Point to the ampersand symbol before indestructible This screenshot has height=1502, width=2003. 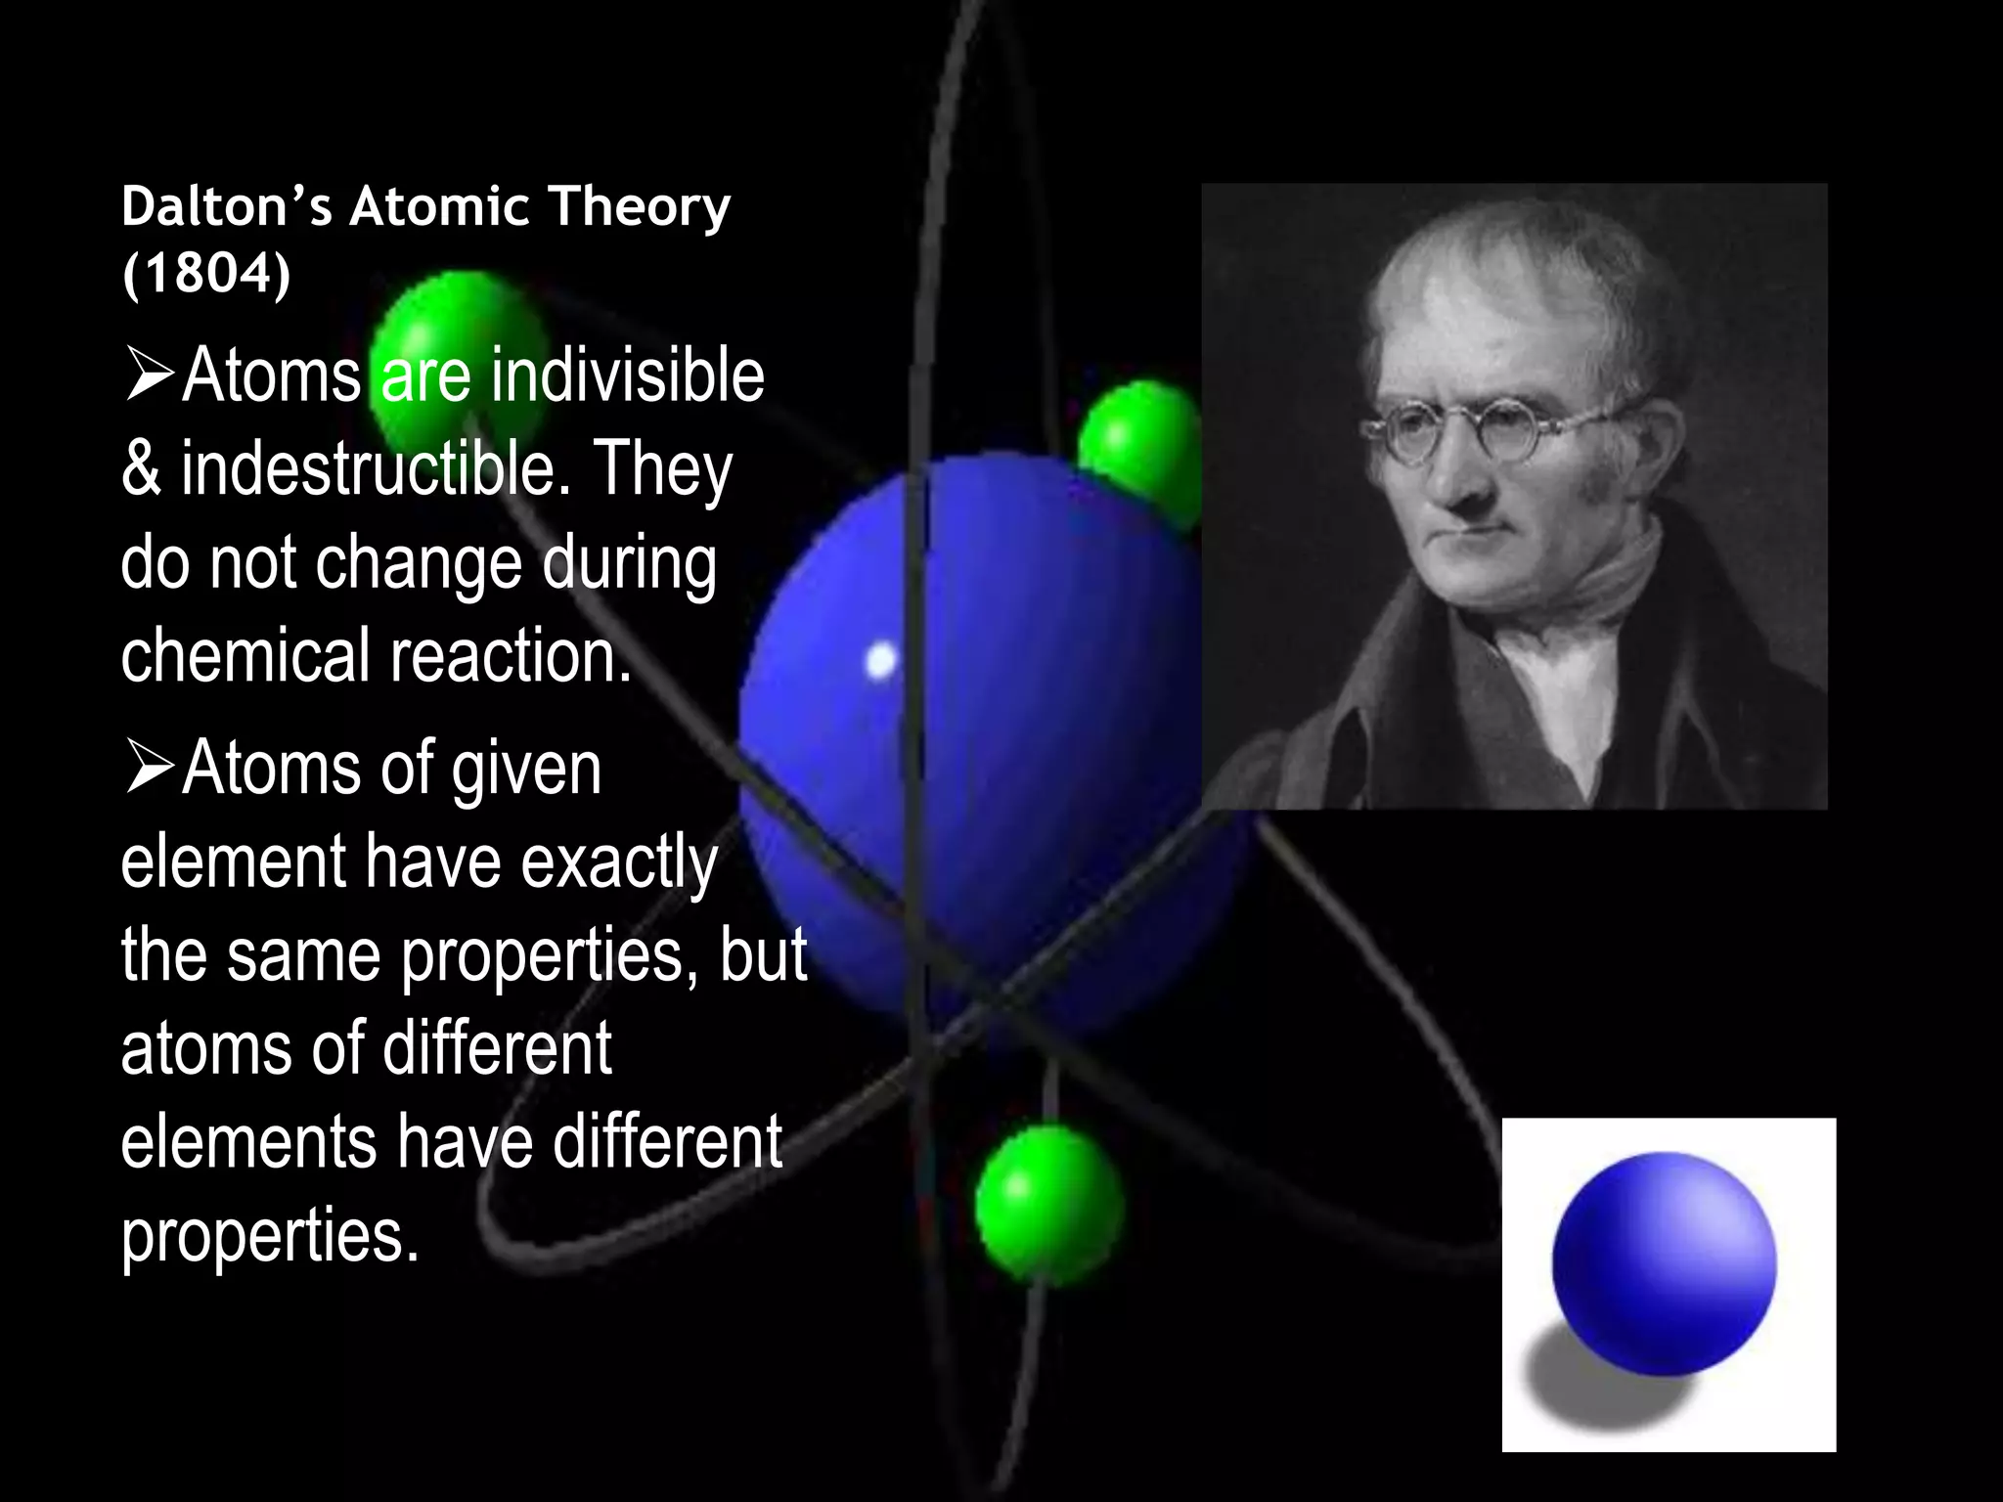coord(141,469)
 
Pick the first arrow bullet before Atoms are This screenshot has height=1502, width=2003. coord(149,377)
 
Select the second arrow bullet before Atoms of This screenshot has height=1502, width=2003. coord(149,770)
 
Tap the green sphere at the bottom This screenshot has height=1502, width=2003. coord(1048,1203)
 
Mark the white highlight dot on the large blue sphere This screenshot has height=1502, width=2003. coord(881,660)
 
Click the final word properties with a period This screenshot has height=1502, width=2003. coord(270,1234)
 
